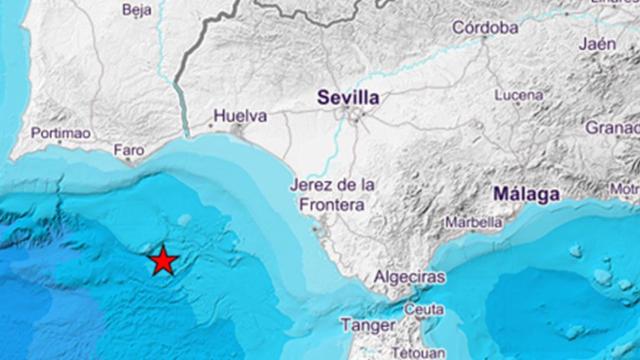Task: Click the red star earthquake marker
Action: coord(164,262)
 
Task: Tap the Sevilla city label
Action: coord(348,98)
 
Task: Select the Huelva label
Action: coord(240,116)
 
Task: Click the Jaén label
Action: coord(598,45)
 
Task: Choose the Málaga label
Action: coord(526,195)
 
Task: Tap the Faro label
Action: coord(129,150)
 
